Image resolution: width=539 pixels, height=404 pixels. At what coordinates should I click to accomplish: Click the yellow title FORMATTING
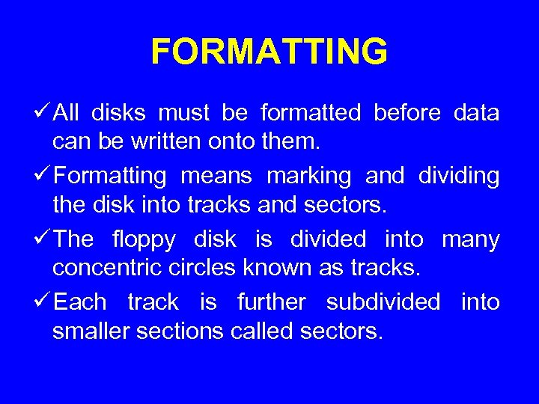(269, 52)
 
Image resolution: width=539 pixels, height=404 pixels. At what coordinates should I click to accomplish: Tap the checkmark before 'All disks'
(44, 113)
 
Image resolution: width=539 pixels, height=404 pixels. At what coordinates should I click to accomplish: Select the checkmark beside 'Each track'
(44, 302)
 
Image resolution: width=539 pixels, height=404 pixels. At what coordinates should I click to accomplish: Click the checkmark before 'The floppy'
(44, 239)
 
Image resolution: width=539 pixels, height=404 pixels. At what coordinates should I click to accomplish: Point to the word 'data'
(476, 114)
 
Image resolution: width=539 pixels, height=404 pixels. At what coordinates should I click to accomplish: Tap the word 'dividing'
(458, 177)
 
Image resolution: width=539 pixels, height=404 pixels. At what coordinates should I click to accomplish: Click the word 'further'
(271, 302)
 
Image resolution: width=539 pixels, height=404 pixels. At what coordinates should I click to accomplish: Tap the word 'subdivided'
(383, 302)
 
